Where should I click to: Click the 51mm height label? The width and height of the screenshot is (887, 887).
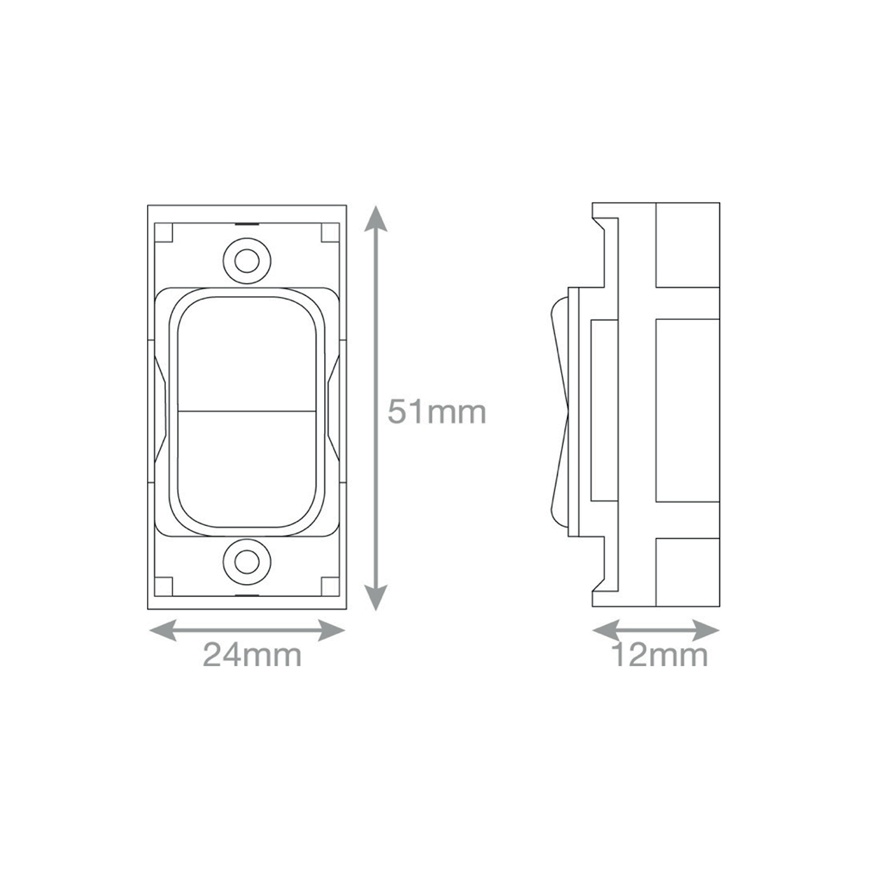click(436, 412)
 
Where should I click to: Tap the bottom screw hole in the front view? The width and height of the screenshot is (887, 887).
click(247, 562)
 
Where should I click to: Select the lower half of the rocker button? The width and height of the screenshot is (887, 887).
click(247, 469)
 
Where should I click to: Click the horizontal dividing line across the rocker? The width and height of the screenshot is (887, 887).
click(247, 411)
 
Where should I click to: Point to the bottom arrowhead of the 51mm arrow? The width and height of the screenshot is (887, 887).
click(376, 598)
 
